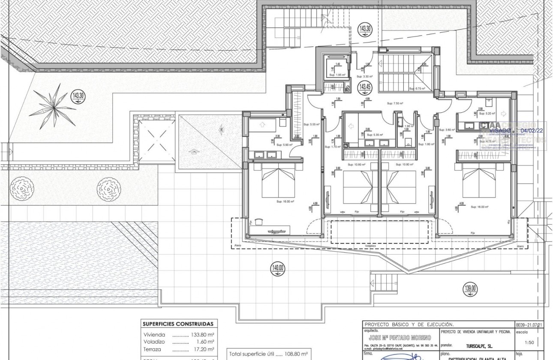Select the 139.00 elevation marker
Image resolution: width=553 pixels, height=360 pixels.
click(470, 288)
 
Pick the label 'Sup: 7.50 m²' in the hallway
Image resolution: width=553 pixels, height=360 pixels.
click(396, 103)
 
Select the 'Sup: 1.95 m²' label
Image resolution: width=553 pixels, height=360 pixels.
click(337, 75)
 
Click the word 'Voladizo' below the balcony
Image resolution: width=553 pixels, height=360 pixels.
click(370, 246)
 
